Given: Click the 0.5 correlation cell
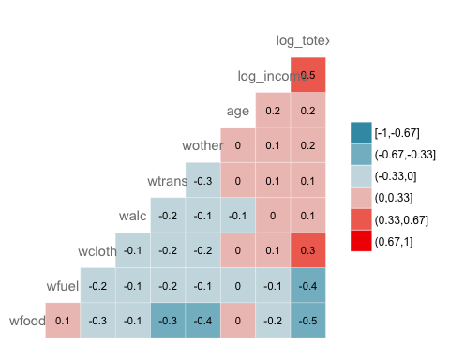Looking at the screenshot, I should click(x=307, y=75).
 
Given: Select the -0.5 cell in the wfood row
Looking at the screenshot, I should click(x=307, y=320).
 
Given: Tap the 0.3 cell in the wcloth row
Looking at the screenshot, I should click(x=307, y=250).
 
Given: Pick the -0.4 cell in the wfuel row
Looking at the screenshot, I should click(x=307, y=285).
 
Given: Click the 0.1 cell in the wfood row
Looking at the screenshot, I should click(x=63, y=320).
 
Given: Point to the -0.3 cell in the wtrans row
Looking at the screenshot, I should click(x=202, y=180).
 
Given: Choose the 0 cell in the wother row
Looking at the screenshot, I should click(x=238, y=145).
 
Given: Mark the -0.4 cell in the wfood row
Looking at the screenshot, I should click(x=202, y=320).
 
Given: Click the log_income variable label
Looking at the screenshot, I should click(x=262, y=76).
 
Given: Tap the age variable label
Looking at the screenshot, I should click(x=238, y=111).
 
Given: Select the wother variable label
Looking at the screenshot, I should click(x=202, y=146).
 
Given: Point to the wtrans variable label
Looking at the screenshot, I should click(x=167, y=181).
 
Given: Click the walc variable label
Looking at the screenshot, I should click(x=132, y=216).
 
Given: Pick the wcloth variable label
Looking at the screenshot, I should click(x=97, y=251).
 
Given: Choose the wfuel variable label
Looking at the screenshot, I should click(x=62, y=286).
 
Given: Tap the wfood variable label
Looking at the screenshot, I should click(x=26, y=321).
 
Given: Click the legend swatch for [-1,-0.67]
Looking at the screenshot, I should click(x=361, y=133).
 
